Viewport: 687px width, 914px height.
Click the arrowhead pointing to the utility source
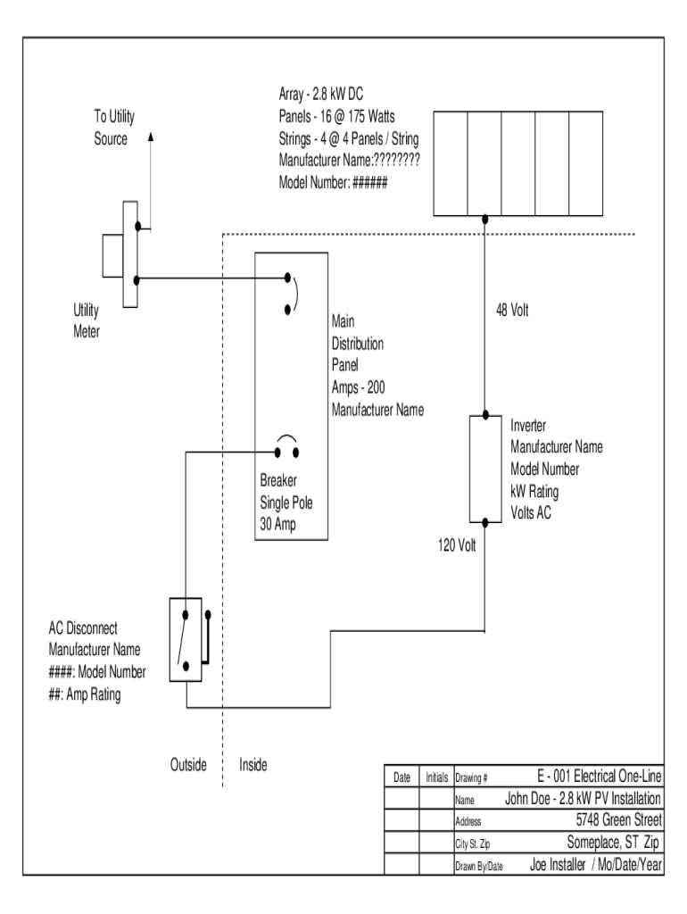click(x=151, y=137)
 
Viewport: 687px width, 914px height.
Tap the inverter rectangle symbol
click(x=485, y=469)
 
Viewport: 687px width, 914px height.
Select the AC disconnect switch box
click(x=186, y=639)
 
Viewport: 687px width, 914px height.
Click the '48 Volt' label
click(x=512, y=310)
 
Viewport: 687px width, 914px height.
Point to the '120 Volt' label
click(x=457, y=545)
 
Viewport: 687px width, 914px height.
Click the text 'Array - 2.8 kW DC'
click(x=321, y=94)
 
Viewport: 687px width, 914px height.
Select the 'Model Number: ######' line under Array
click(x=333, y=182)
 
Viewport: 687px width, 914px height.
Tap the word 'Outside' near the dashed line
click(x=188, y=765)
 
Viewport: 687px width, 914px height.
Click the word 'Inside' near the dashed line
click(x=252, y=765)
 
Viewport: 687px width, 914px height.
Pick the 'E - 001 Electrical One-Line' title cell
click(x=599, y=777)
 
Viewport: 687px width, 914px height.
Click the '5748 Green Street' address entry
click(x=619, y=820)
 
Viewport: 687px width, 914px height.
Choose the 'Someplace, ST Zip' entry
click(x=613, y=843)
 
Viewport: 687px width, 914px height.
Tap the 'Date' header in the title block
click(x=401, y=777)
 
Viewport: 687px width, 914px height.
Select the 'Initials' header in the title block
click(x=436, y=777)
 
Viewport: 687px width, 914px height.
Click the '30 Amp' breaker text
click(x=277, y=525)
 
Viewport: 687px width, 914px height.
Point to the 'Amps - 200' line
click(x=358, y=387)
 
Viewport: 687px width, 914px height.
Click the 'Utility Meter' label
click(x=87, y=320)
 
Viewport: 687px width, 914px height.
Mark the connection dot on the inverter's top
click(x=484, y=416)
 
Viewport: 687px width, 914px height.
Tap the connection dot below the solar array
click(x=484, y=220)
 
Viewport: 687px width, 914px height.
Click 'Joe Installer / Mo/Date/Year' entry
click(x=595, y=865)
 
